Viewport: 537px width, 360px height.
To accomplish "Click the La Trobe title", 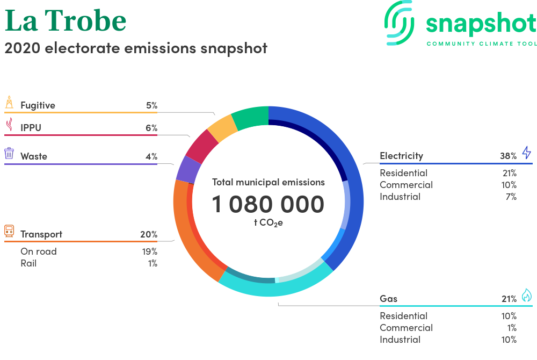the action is [66, 20].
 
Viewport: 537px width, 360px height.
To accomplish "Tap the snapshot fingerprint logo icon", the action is [399, 23].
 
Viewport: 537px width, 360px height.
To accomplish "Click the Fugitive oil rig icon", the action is [9, 102].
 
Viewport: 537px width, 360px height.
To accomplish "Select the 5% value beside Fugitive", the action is [152, 105].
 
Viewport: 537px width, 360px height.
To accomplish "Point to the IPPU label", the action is [31, 128].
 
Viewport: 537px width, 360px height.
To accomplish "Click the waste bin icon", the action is [9, 153].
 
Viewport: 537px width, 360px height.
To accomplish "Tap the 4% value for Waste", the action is [151, 156].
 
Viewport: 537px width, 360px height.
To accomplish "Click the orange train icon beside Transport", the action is [9, 231].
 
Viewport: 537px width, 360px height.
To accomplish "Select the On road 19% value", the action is [150, 251].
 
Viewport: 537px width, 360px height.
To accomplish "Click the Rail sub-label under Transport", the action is [28, 263].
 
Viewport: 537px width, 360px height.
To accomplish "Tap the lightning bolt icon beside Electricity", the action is [527, 153].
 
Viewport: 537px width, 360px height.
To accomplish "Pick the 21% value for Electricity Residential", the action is [510, 174].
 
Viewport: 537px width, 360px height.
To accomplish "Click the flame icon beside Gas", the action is [527, 296].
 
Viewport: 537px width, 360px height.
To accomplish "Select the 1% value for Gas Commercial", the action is [512, 328].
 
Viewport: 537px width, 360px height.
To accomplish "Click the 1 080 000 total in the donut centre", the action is [268, 204].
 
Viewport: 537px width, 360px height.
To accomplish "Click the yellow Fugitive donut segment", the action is [223, 128].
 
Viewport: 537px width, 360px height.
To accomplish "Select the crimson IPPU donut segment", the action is [202, 146].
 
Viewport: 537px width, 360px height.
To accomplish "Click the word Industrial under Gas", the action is [400, 340].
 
